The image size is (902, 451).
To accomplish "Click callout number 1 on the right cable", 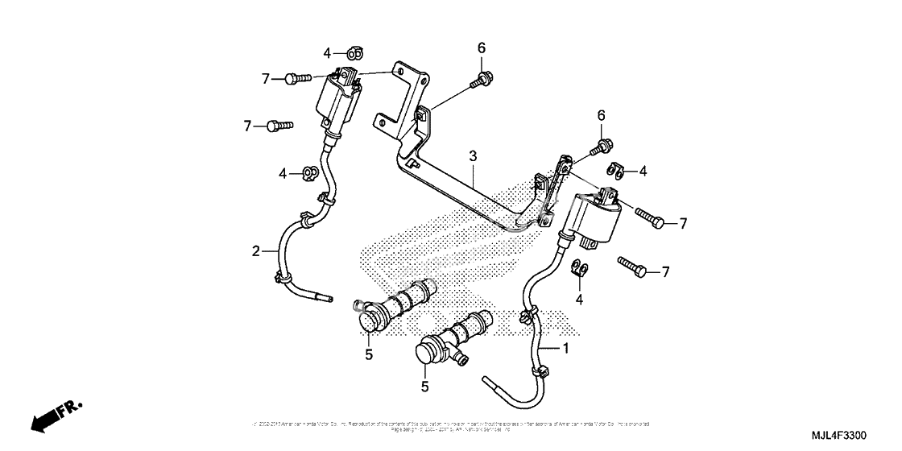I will pyautogui.click(x=565, y=349).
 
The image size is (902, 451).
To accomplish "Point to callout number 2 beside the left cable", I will pyautogui.click(x=255, y=251).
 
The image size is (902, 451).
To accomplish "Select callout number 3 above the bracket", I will pyautogui.click(x=474, y=155).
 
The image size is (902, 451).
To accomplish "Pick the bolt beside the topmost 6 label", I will pyautogui.click(x=485, y=78).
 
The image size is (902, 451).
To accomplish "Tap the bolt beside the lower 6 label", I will pyautogui.click(x=600, y=147).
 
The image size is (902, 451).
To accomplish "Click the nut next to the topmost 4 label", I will pyautogui.click(x=355, y=53).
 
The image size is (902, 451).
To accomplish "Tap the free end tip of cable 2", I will pyautogui.click(x=329, y=300).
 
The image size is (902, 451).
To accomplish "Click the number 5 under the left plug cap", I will pyautogui.click(x=368, y=354).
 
